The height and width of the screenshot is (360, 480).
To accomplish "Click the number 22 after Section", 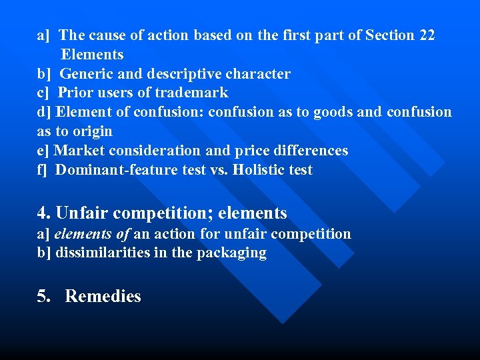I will point(427,35).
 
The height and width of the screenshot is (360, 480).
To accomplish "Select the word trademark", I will point(191,93).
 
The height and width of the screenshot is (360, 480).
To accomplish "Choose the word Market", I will point(79,151).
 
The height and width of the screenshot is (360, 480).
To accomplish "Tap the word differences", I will point(313,151).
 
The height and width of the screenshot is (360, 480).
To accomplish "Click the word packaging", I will point(231,253).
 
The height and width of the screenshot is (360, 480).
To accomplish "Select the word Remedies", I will point(103,297).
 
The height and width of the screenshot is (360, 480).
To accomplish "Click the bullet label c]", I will point(43,93).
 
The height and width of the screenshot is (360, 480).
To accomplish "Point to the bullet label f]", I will point(43,170).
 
